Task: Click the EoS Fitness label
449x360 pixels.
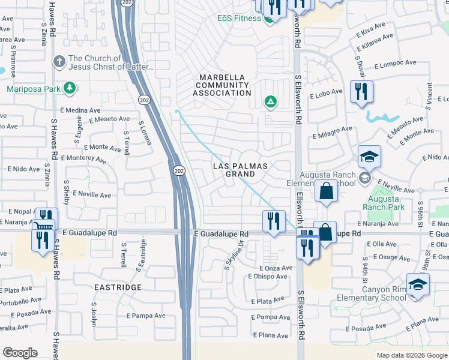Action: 239,18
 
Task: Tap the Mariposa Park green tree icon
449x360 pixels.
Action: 70,89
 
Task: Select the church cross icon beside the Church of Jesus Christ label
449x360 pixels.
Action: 59,61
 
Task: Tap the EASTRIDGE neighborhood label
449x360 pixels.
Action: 118,287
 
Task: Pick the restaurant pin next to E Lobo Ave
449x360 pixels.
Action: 361,91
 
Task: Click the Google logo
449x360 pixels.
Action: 20,353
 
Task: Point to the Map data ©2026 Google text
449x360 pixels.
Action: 411,355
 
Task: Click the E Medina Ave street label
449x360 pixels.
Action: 80,110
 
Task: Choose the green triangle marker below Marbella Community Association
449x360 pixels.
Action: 271,101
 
